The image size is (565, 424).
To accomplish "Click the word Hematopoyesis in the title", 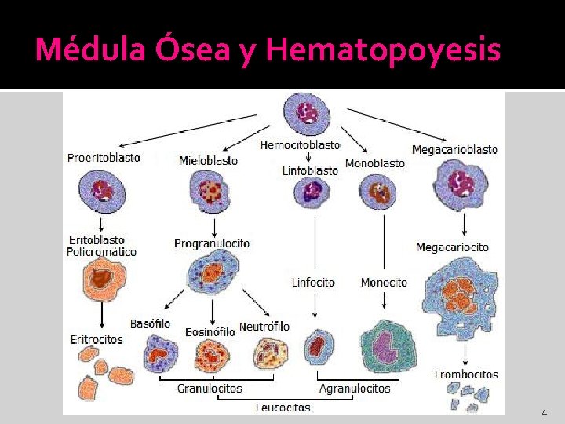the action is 383,50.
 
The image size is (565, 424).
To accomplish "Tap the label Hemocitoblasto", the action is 300,145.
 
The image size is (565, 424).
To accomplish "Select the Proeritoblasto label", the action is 104,157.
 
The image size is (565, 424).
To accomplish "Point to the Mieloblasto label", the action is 208,160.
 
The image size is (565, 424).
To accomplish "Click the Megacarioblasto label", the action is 454,149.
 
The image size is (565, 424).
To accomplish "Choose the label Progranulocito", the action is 212,243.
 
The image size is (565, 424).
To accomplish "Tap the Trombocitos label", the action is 465,375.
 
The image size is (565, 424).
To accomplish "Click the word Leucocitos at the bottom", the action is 282,408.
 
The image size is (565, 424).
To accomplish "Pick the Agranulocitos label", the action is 355,389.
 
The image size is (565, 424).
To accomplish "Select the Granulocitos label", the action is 210,389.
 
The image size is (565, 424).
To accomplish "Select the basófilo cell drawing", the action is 161,353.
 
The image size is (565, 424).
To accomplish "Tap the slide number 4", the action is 544,412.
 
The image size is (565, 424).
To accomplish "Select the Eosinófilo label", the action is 210,332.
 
